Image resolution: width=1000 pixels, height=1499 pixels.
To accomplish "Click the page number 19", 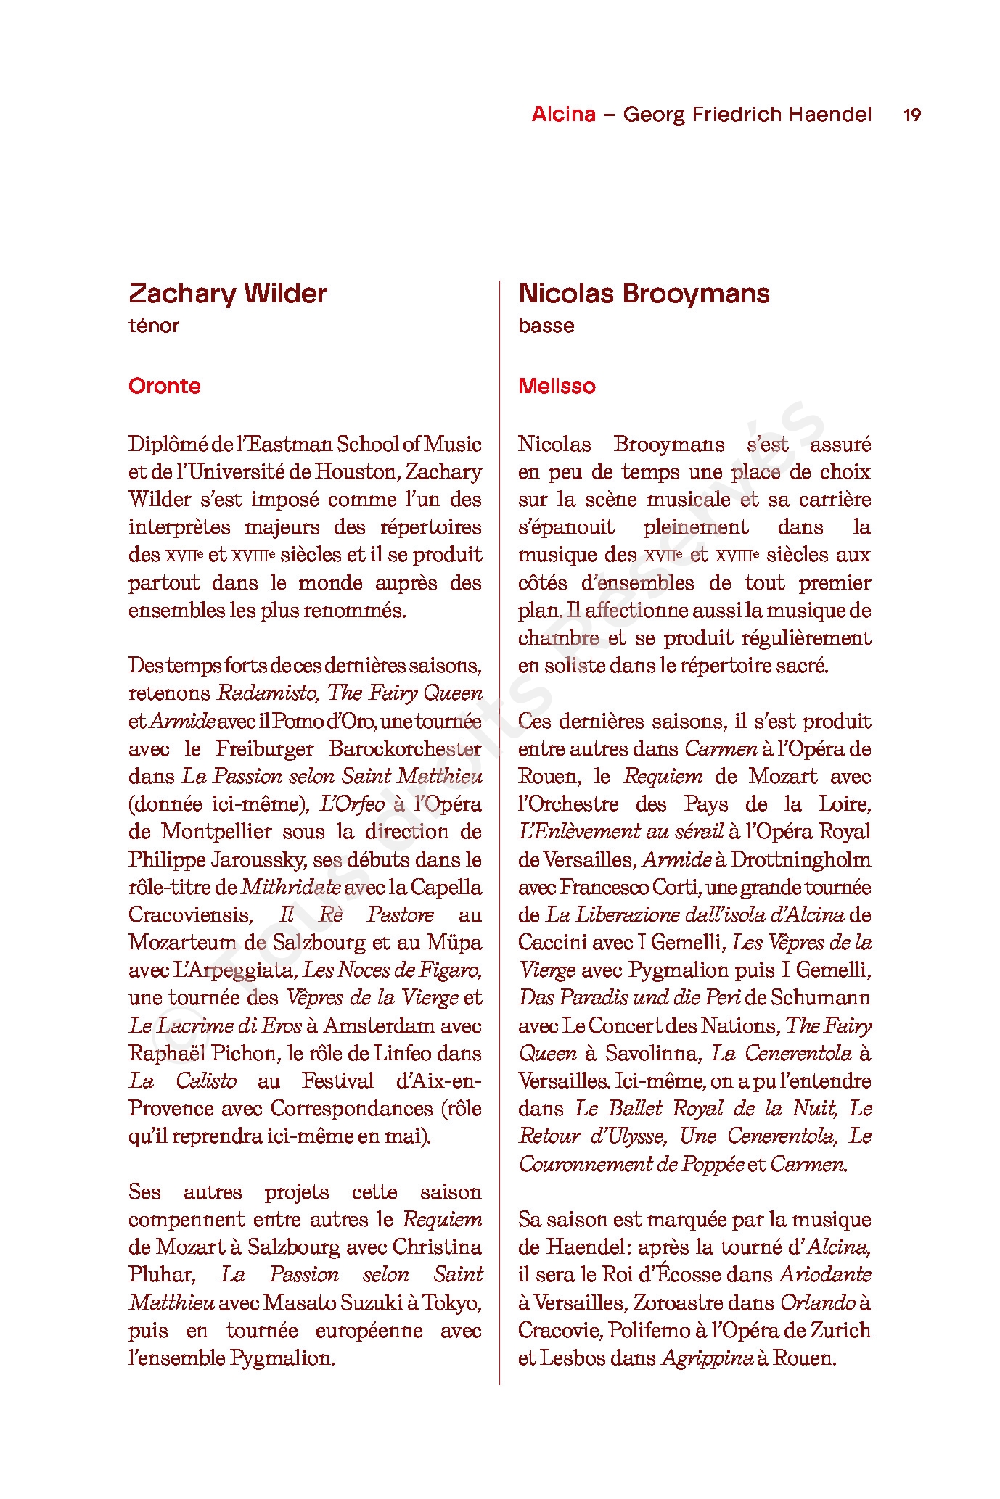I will (x=911, y=115).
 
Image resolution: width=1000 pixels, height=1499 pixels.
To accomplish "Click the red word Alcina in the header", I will (x=563, y=114).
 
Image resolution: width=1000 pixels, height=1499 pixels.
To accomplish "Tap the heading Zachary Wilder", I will (x=227, y=294).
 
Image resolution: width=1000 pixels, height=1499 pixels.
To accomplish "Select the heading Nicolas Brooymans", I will (x=644, y=294).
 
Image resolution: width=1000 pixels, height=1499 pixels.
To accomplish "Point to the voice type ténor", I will (x=153, y=326).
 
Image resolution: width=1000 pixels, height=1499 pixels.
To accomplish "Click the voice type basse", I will (x=546, y=326).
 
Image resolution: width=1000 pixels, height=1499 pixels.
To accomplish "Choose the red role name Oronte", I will (x=164, y=386).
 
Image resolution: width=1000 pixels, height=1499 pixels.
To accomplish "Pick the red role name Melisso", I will (x=557, y=386).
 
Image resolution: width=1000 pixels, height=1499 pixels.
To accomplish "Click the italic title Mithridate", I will (x=290, y=887).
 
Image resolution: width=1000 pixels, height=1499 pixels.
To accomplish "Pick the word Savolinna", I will (x=650, y=1053).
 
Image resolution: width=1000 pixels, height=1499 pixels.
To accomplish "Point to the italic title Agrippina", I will (x=707, y=1358).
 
